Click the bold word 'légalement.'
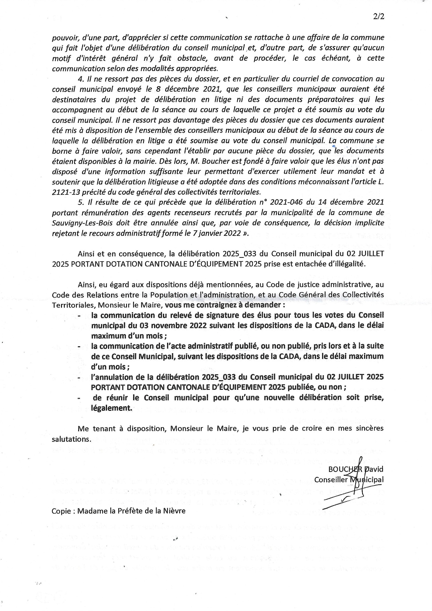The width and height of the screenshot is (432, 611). [111, 408]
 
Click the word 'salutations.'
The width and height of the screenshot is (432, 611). [71, 439]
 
